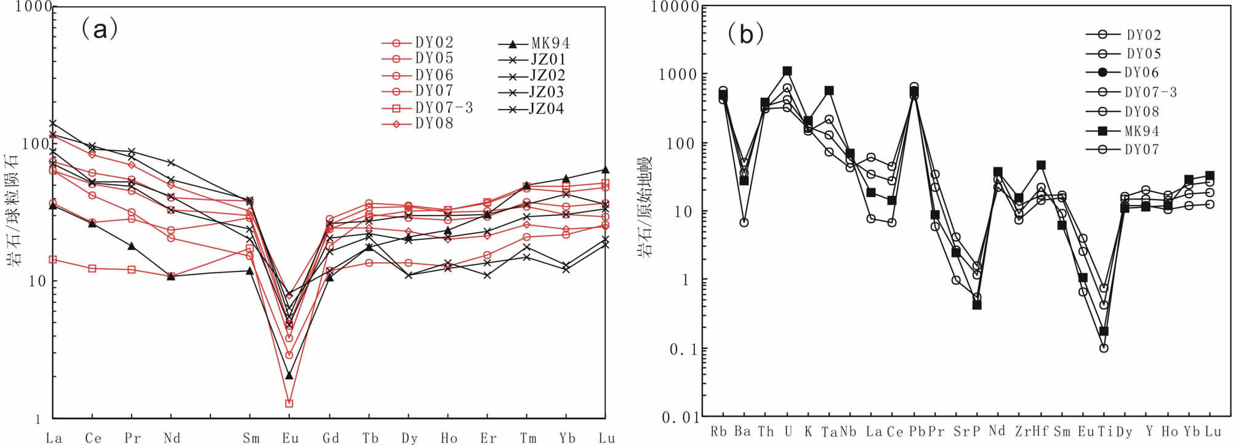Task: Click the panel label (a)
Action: click(99, 29)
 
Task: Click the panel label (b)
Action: click(745, 33)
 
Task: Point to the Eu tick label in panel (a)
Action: click(291, 438)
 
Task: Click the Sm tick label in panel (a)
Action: click(251, 438)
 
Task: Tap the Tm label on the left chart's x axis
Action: click(528, 438)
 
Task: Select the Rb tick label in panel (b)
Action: click(718, 431)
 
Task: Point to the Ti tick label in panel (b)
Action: click(1106, 431)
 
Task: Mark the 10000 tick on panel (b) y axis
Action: click(676, 7)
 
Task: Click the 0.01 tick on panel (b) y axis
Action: click(681, 418)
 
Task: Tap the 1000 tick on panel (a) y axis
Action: click(33, 7)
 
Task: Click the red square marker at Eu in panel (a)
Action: click(289, 403)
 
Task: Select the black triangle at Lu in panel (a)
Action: click(605, 170)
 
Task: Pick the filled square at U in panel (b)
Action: click(787, 71)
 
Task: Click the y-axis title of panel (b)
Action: click(645, 207)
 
